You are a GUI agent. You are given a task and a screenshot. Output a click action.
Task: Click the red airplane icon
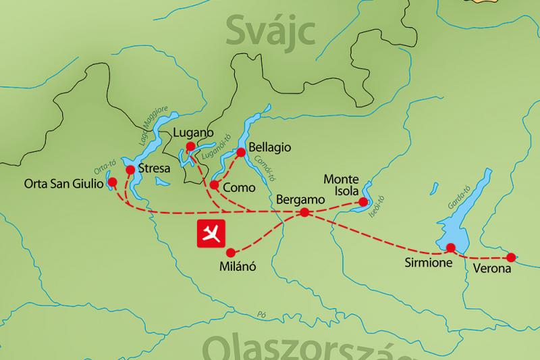pos(211,233)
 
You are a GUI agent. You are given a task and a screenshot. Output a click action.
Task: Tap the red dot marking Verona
pos(511,257)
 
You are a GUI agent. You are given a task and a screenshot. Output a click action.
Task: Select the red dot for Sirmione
pos(451,247)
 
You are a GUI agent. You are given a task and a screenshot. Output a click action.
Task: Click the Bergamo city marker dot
pos(304,212)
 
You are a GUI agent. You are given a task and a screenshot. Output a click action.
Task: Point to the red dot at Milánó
pos(227,252)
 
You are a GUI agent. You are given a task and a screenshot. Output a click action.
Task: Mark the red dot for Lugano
pos(190,147)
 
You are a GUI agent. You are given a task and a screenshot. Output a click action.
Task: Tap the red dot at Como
pos(214,184)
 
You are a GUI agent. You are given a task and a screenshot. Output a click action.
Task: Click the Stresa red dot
pos(130,170)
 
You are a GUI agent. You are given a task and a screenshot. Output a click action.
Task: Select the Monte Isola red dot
pos(363,201)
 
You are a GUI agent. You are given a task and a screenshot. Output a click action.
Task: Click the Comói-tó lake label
pos(264,167)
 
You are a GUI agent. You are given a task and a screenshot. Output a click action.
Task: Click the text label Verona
pos(493,269)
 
